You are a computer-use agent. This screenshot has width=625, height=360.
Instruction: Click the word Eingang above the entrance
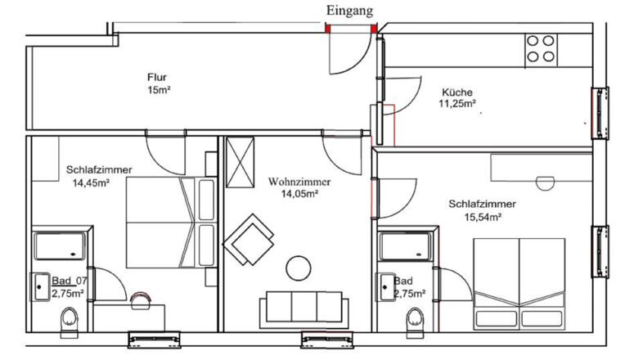(349, 11)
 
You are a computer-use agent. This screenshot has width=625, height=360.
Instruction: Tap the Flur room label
(157, 77)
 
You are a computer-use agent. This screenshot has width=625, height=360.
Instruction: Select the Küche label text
(457, 92)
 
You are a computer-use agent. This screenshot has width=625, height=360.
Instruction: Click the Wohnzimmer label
(299, 182)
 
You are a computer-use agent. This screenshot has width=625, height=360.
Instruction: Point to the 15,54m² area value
(483, 218)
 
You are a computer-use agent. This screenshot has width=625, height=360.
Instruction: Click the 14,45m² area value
(92, 183)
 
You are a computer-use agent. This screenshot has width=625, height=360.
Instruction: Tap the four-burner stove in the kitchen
(541, 49)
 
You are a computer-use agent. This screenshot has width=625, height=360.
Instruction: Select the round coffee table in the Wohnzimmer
(299, 268)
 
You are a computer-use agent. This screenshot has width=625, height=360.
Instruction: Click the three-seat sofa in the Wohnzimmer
(304, 307)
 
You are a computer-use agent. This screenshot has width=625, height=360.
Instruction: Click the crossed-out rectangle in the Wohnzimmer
(240, 162)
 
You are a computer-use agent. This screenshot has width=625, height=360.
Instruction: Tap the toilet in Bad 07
(70, 319)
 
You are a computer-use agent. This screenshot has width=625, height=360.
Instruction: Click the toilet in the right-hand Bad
(415, 320)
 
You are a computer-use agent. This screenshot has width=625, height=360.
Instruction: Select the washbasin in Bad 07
(40, 286)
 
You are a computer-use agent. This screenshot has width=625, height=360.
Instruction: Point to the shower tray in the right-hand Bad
(406, 246)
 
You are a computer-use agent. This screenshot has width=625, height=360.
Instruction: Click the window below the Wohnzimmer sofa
(327, 340)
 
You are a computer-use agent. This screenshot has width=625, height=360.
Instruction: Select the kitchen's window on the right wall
(600, 113)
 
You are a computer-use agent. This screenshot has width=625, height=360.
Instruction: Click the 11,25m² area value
(457, 104)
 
